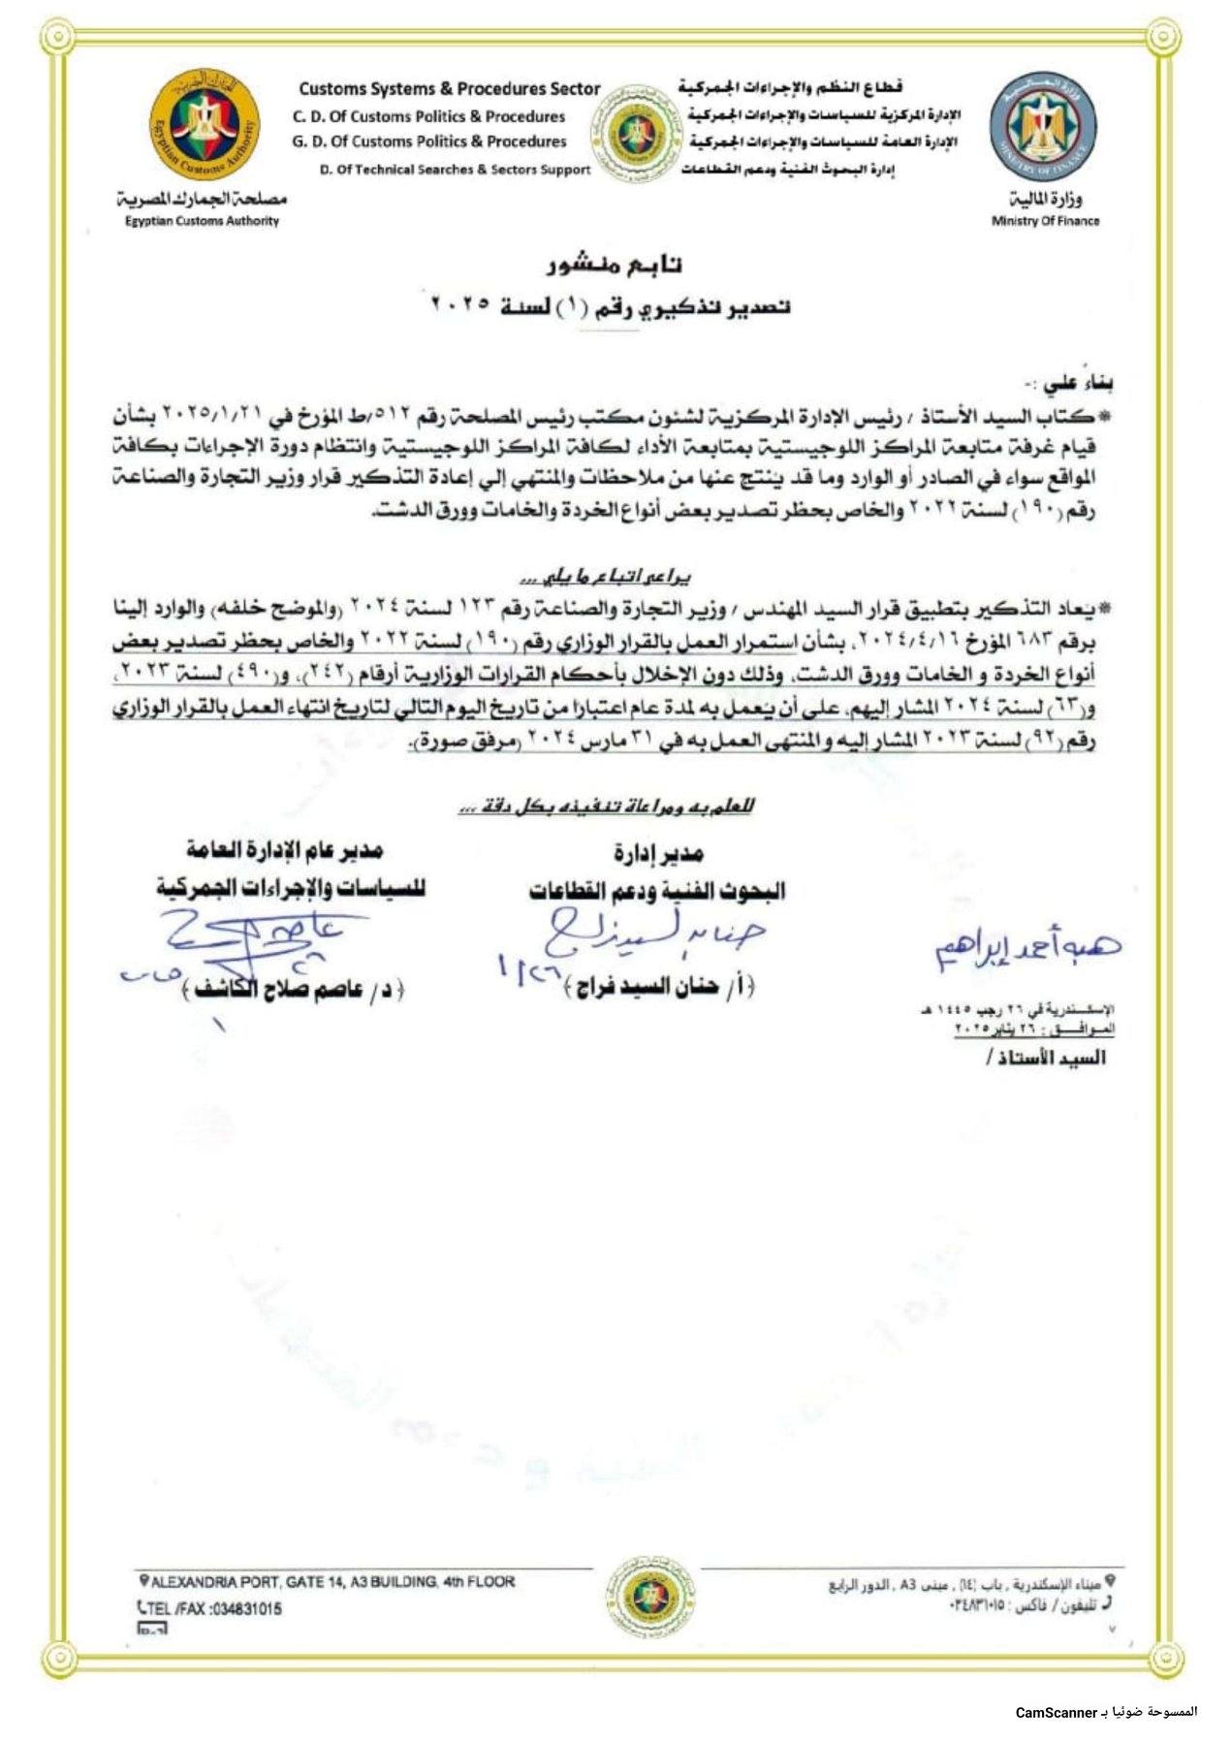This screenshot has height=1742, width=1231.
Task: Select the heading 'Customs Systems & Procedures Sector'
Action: [x=449, y=89]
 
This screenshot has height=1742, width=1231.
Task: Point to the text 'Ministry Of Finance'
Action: [x=1045, y=221]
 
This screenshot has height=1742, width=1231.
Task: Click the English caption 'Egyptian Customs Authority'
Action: [x=202, y=221]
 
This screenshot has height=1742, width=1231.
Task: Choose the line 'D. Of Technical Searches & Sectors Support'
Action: [x=455, y=170]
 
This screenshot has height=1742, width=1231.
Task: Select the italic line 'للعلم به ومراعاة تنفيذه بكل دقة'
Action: [x=607, y=807]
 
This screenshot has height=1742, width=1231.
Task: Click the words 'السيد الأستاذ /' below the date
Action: [x=1045, y=1058]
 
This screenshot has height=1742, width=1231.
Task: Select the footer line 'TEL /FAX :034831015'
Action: [x=209, y=1608]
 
